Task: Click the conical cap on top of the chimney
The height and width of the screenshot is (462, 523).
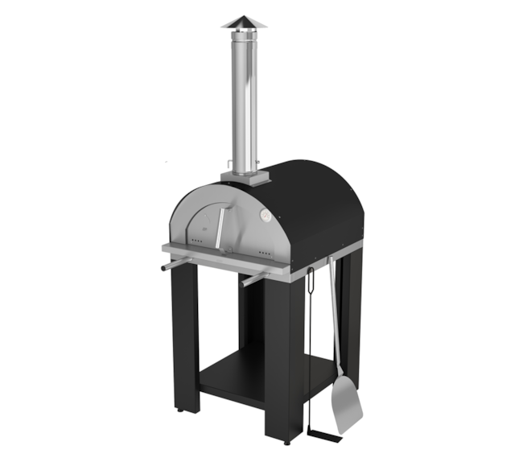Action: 244,21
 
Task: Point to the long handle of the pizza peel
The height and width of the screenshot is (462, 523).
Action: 334,322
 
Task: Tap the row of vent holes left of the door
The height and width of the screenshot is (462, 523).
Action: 196,242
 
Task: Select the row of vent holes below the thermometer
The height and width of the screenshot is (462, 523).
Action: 265,252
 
